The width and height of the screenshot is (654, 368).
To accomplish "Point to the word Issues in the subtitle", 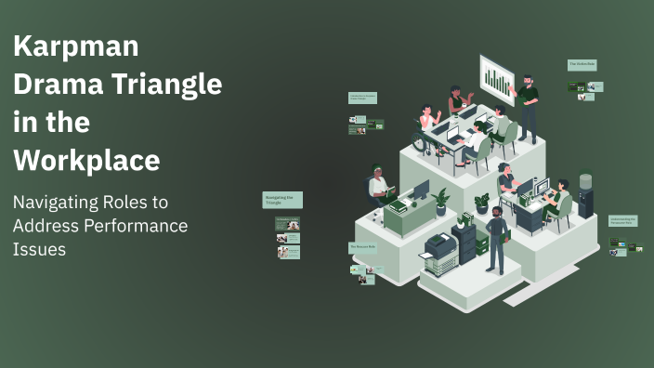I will coord(39,249).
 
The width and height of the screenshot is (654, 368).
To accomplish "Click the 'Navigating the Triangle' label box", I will coord(282,200).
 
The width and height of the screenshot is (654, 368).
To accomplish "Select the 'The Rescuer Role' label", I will coord(362,247).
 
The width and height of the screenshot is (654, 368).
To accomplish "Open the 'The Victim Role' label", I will coord(582,65).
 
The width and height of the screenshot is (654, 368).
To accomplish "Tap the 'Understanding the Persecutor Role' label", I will coord(621,221).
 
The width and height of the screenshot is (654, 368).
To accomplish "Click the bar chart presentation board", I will coord(498,79).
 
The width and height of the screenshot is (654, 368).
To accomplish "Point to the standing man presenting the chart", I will coord(527,107).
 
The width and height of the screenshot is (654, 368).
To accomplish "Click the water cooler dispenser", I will coord(585,196).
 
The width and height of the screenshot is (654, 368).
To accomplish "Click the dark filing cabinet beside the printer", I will coord(464,240).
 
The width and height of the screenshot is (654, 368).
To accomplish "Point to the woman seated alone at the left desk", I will coord(378,185).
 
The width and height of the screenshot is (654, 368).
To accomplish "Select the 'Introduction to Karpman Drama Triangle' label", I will coord(362,98).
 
